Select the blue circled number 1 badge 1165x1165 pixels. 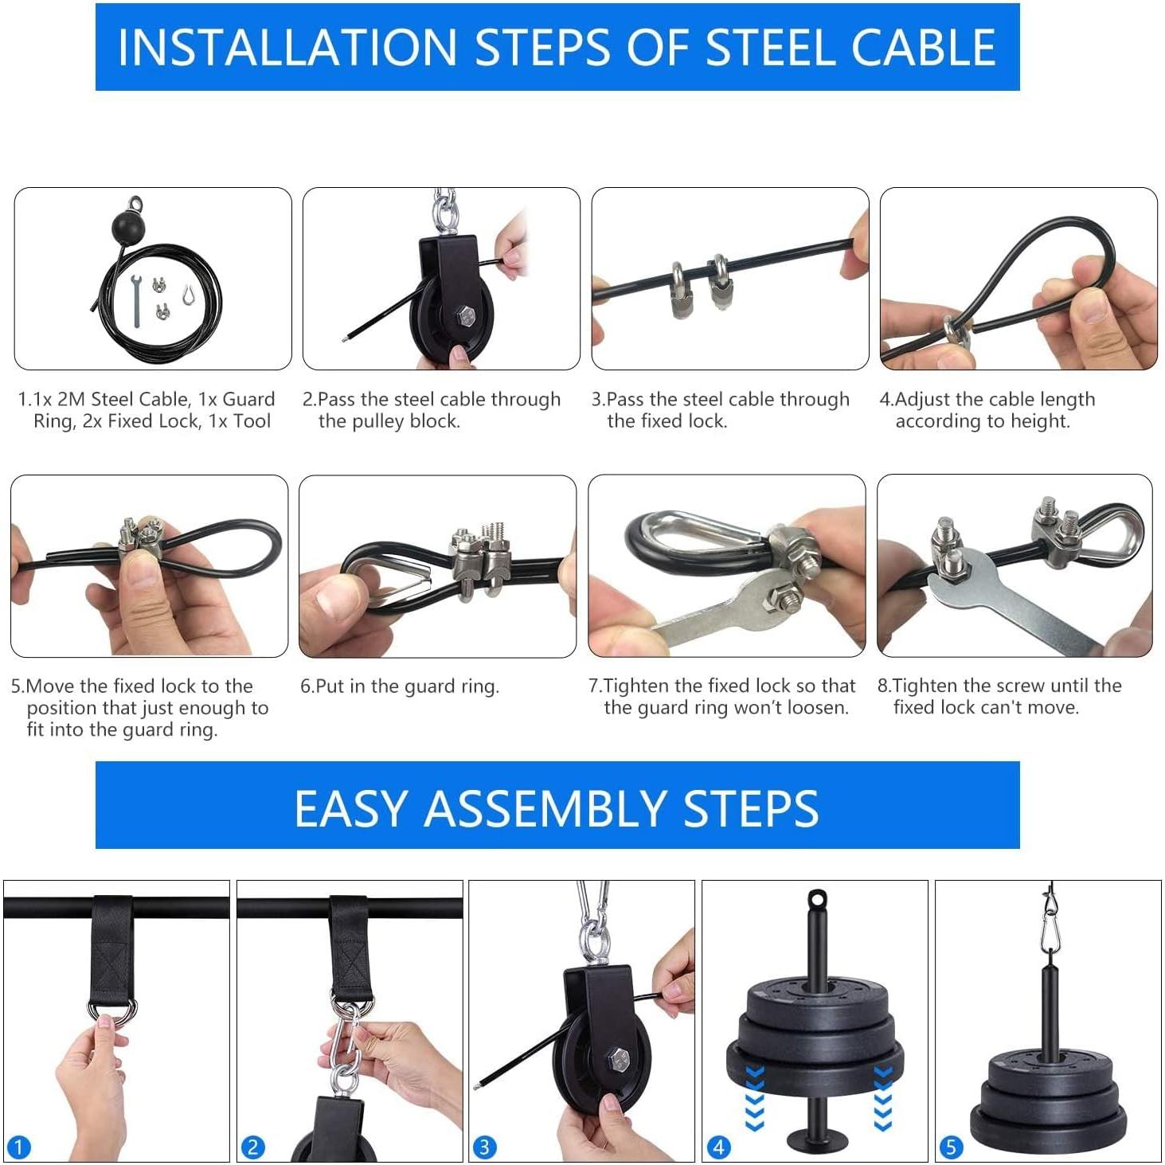(18, 1147)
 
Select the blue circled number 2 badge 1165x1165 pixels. (252, 1147)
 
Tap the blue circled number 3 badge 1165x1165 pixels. (484, 1147)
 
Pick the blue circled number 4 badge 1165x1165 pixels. (718, 1147)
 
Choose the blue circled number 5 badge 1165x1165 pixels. (951, 1147)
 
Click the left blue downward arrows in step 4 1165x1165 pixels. (754, 1097)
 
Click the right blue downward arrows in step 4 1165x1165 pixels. (882, 1097)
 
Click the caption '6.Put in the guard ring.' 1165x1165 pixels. (400, 686)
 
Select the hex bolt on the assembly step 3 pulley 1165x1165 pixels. (618, 1061)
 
